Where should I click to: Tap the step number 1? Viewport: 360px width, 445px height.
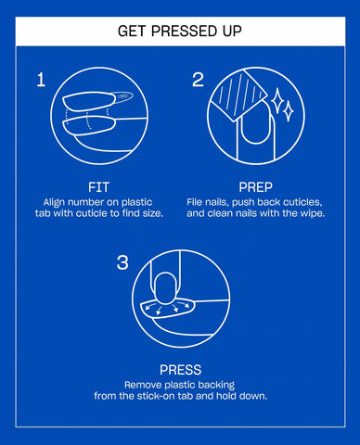[x=41, y=80]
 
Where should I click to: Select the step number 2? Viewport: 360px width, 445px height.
[x=198, y=80]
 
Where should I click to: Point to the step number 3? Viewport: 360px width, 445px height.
[x=122, y=262]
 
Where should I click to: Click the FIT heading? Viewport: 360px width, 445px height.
[x=98, y=187]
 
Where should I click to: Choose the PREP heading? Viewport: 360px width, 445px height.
[x=255, y=187]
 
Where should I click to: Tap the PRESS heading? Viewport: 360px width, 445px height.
[x=180, y=370]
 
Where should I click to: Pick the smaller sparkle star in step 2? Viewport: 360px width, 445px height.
[x=289, y=111]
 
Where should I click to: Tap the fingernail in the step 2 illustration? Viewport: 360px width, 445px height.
[x=255, y=123]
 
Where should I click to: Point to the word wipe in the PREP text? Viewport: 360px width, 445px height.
[x=314, y=213]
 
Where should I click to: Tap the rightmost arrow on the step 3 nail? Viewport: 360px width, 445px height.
[x=186, y=305]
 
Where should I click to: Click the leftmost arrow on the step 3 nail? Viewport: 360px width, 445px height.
[x=150, y=306]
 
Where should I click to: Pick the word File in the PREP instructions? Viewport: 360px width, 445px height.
[x=193, y=202]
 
